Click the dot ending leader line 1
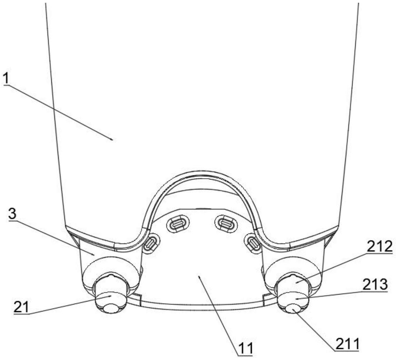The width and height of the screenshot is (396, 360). pos(112,140)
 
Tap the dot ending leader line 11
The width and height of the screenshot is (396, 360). pos(200,275)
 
